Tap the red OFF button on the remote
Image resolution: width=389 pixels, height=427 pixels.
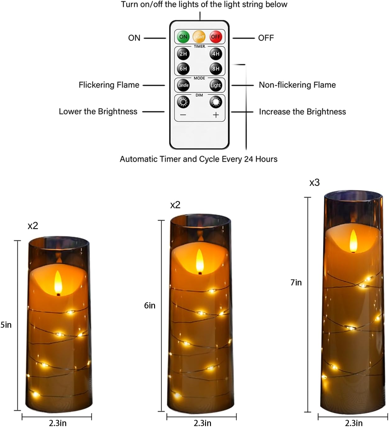coord(216,37)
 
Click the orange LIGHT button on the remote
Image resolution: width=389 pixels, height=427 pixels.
coord(199,37)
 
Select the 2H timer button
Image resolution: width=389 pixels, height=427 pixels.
coord(183,54)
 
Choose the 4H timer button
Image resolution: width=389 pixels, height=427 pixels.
coord(216,54)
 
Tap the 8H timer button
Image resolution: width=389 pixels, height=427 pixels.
coord(216,68)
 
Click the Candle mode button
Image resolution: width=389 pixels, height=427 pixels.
coord(183,85)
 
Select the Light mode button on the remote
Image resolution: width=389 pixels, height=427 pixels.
coord(216,85)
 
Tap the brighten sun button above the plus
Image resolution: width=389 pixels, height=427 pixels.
coord(216,102)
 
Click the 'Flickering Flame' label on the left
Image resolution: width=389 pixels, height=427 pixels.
coord(109,85)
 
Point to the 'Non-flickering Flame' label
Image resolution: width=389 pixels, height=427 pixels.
coord(297,85)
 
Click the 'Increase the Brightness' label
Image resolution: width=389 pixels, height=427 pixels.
coord(302,112)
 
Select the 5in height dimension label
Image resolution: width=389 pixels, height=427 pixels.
coord(6,325)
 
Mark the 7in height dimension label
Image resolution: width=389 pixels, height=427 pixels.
coord(296,283)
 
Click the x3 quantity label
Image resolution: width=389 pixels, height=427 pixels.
coord(314,183)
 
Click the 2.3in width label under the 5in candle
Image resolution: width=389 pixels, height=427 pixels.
coord(57,423)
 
